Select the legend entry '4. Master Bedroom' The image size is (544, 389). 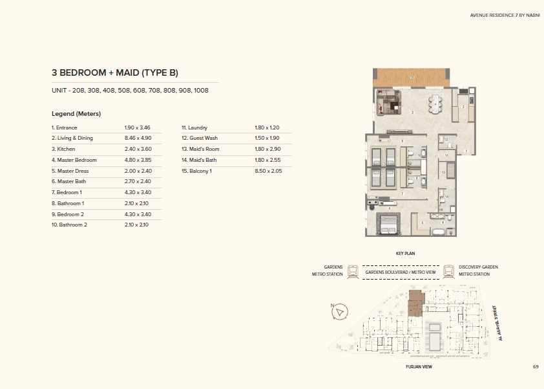click(x=75, y=159)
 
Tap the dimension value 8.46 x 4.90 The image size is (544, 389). click(x=137, y=138)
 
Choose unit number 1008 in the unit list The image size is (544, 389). click(x=201, y=91)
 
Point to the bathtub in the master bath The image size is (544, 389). click(x=439, y=230)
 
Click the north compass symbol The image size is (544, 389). click(x=339, y=312)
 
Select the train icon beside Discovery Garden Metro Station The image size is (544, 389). click(x=448, y=270)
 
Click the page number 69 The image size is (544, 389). click(x=536, y=367)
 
